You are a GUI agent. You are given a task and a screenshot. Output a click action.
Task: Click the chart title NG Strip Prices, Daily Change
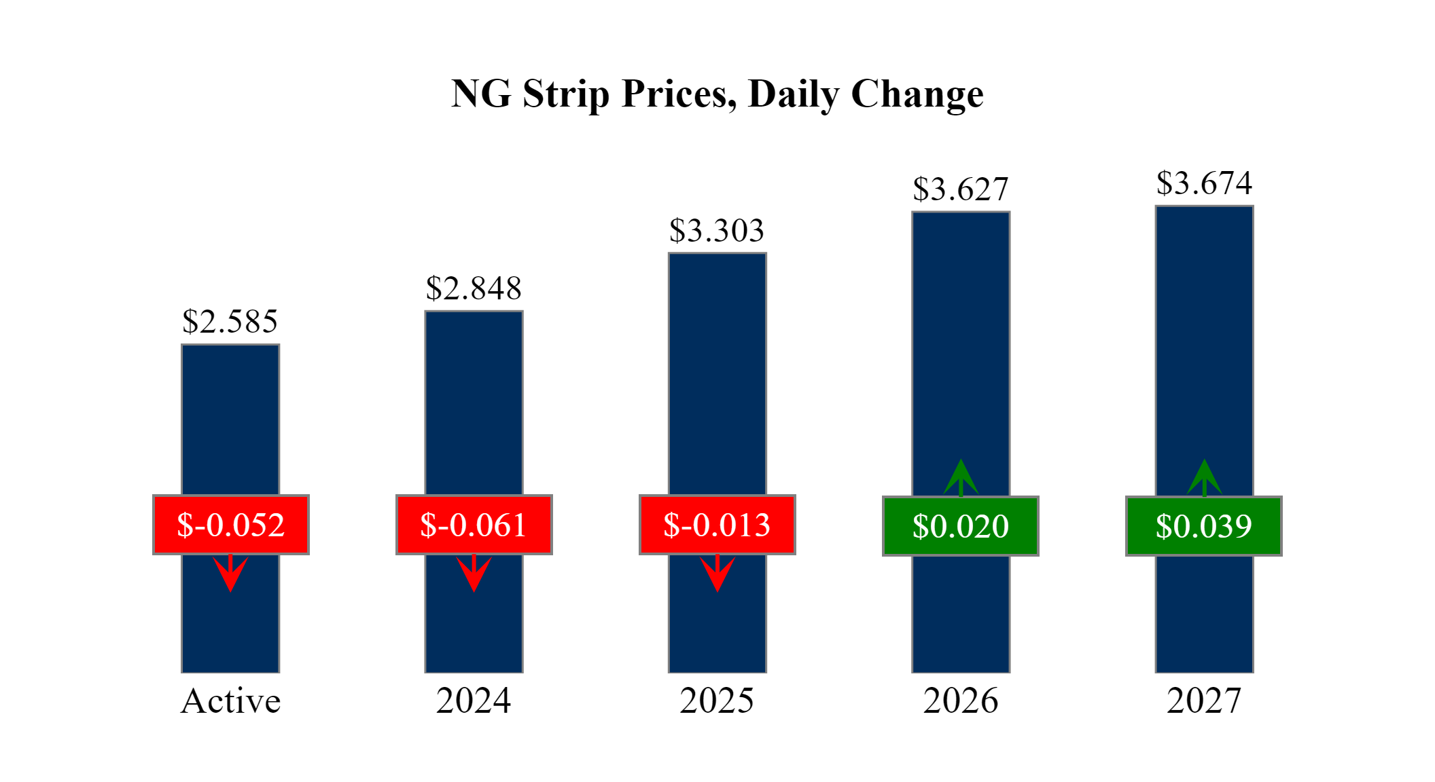717,94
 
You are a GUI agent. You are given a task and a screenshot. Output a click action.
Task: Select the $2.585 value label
230,321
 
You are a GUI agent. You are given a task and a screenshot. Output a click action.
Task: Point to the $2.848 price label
474,288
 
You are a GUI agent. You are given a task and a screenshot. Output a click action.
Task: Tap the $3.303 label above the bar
717,230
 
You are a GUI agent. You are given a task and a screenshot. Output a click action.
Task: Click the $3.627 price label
961,189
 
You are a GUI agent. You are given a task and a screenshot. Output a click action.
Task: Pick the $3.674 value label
1204,183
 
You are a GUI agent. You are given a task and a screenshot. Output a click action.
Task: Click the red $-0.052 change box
230,525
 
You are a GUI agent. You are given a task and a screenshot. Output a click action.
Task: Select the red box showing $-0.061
474,525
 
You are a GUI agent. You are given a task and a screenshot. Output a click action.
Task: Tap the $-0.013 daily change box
717,525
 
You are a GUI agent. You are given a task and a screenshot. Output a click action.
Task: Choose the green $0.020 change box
961,526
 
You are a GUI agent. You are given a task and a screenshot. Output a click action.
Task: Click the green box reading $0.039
1204,526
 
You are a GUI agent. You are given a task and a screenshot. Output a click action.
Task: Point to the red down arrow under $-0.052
230,574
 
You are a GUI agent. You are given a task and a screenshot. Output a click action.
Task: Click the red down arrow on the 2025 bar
717,574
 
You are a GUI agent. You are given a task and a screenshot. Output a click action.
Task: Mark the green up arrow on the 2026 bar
961,478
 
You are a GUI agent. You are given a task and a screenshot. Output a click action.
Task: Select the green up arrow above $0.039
1204,478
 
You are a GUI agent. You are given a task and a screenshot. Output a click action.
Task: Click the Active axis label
230,701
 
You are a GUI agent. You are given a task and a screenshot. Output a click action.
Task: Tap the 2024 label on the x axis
474,701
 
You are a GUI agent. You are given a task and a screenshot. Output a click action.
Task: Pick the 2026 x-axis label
961,701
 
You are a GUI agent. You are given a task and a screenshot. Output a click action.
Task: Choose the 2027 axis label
1204,701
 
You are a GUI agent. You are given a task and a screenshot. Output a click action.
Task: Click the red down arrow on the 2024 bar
474,574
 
